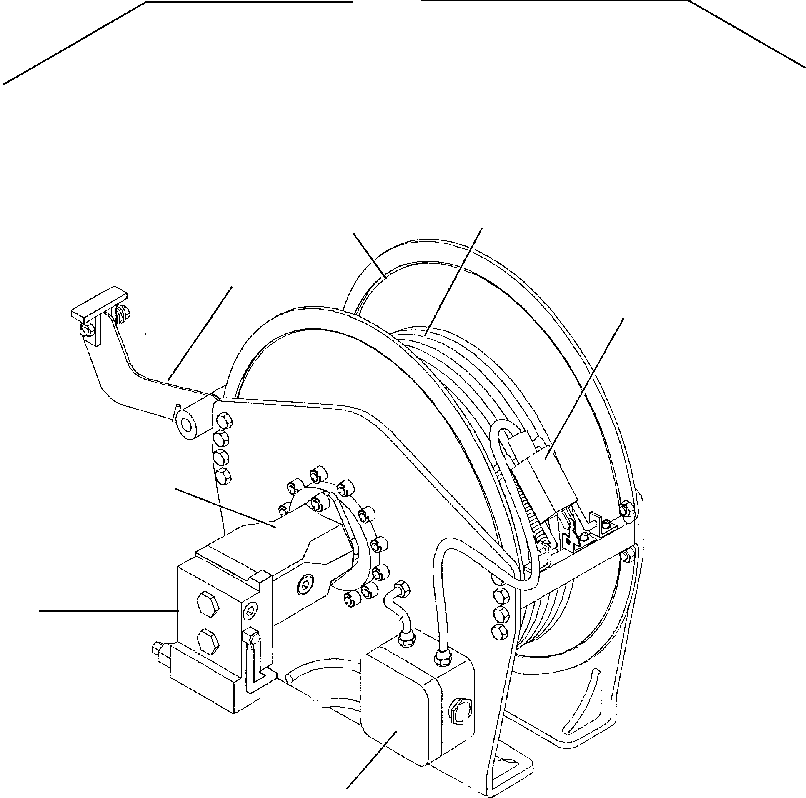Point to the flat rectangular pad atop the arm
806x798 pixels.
(x=99, y=300)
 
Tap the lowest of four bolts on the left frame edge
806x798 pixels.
(x=223, y=475)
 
